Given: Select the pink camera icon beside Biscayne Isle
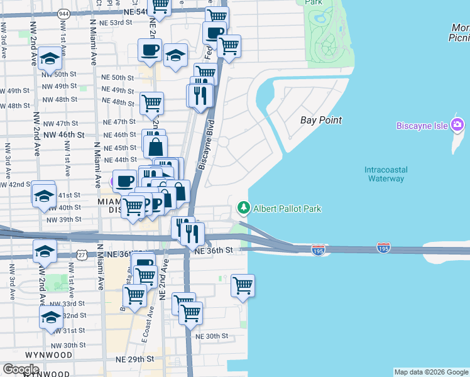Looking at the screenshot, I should click(x=457, y=125).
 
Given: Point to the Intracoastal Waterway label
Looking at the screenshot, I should click(x=385, y=174).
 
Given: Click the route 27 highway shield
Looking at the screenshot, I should click(x=82, y=254).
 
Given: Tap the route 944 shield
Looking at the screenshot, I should click(x=63, y=13).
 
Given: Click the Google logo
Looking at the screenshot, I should click(x=21, y=369).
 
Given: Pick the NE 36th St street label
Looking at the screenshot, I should click(x=214, y=250).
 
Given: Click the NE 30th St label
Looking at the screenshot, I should click(x=211, y=336).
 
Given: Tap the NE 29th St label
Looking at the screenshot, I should click(x=136, y=359).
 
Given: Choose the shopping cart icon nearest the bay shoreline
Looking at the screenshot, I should click(x=243, y=285).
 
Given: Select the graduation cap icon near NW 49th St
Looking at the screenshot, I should click(x=50, y=58).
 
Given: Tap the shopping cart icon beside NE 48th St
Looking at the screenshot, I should click(x=151, y=102).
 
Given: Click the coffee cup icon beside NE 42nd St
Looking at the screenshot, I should click(x=124, y=181).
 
